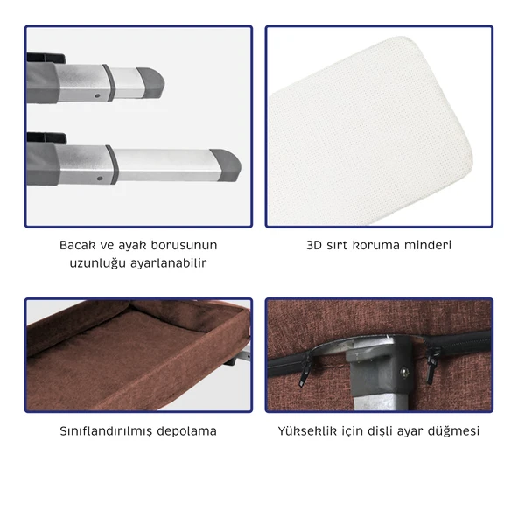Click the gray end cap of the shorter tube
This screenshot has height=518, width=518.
tap(150, 82)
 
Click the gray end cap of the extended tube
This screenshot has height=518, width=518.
tap(226, 165)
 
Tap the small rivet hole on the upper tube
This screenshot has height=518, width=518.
tap(97, 95)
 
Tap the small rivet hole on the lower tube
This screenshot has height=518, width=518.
tap(100, 178)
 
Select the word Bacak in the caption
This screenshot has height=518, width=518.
tap(77, 245)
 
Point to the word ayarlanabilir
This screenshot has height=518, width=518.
tap(169, 263)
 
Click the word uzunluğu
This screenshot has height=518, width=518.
tap(98, 263)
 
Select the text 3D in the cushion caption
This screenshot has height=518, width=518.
tap(314, 245)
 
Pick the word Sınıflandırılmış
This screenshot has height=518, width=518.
tap(106, 431)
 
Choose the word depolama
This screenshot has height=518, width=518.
tap(186, 431)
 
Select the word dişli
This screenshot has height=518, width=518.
tap(379, 431)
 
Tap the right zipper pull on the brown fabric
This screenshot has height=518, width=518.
tap(431, 366)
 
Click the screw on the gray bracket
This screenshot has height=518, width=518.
tap(404, 373)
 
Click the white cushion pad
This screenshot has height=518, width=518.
tap(370, 132)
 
